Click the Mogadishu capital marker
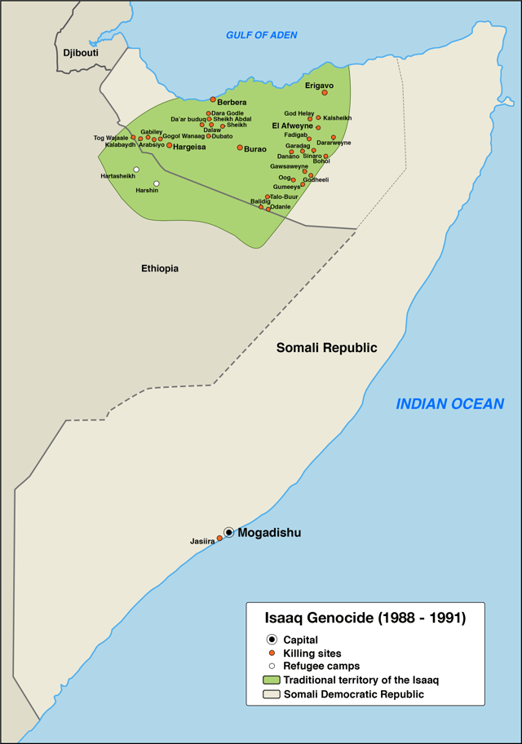point(229,532)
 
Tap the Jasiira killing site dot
point(219,539)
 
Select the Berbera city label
point(232,102)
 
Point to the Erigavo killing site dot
point(325,93)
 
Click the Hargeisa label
point(189,147)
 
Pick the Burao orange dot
point(240,147)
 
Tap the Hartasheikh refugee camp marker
point(136,169)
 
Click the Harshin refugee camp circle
point(156,183)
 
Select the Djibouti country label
point(81,53)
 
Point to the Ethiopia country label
point(160,268)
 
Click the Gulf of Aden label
point(261,35)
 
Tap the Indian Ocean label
point(449,403)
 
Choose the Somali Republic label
point(326,347)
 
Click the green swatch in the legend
point(272,680)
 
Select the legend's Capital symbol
point(272,640)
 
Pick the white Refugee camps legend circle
point(272,667)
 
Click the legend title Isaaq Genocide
point(366,619)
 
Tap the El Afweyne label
point(292,126)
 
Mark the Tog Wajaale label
point(111,138)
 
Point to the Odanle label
point(281,207)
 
